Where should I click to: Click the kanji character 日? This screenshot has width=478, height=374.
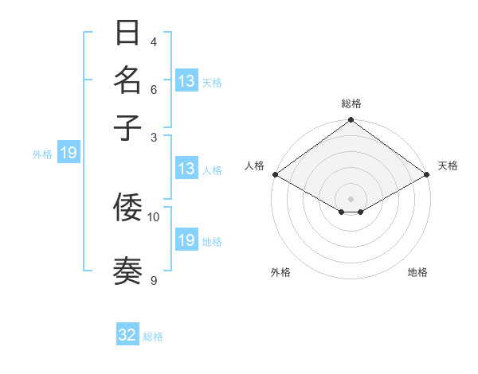(128, 34)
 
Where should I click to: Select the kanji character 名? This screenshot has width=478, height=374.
(128, 81)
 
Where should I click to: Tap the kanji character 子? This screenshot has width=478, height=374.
(128, 127)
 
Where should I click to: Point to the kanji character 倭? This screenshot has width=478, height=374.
(128, 208)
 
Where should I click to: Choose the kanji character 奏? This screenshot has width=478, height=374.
(128, 271)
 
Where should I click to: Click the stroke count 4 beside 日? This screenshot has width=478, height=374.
(154, 41)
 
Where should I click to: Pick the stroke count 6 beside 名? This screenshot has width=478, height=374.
(154, 89)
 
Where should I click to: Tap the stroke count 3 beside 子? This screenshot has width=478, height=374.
(154, 136)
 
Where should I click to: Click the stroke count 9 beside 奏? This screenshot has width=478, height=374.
(154, 279)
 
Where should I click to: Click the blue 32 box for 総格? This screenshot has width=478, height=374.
(127, 335)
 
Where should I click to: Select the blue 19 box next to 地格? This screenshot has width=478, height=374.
(186, 240)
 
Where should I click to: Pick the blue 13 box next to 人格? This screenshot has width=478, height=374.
(186, 169)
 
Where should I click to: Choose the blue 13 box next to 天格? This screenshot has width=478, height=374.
(186, 81)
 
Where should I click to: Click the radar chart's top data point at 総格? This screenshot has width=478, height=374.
(351, 121)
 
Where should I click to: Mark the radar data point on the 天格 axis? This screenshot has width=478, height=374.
(428, 174)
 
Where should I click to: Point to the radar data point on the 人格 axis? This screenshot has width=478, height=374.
(274, 174)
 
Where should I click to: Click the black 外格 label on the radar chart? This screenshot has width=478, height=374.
(280, 272)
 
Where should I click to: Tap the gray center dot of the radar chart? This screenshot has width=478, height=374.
(351, 198)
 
